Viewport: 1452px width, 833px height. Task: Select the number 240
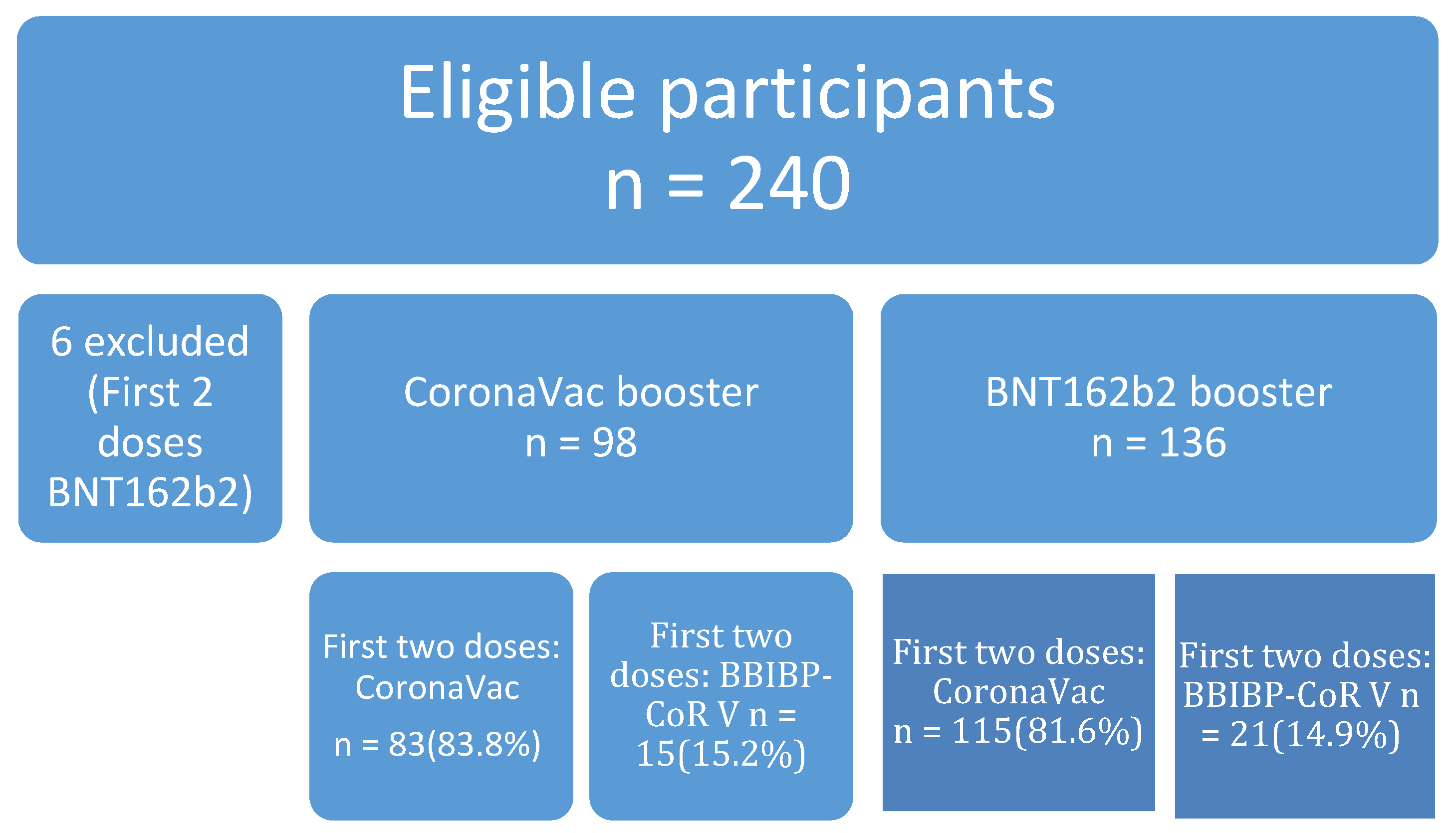789,184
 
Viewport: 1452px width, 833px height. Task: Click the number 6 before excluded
62,342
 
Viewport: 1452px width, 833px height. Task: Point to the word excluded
167,342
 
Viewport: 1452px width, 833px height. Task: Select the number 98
614,443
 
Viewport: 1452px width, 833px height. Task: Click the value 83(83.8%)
464,745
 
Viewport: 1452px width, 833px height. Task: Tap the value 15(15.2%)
721,754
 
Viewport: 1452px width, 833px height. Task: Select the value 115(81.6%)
1047,731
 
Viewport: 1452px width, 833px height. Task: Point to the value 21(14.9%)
1315,735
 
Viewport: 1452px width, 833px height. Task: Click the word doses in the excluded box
150,443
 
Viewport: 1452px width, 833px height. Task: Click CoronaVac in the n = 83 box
437,688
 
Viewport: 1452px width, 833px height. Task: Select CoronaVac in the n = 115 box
1019,692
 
